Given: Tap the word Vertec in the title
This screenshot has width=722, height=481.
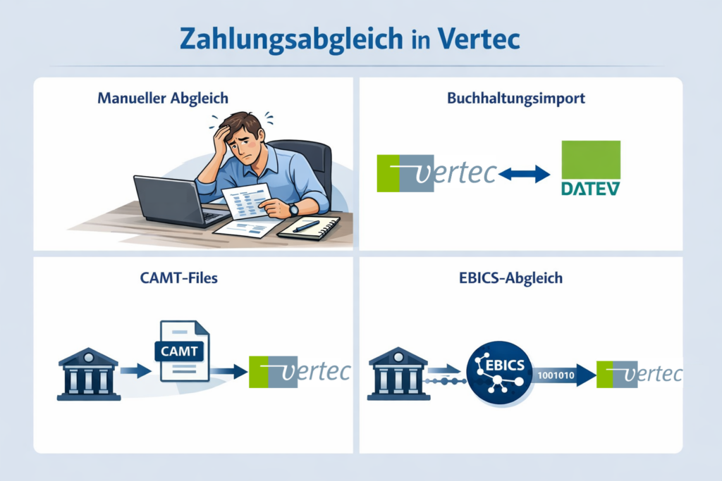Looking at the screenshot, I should coord(478,39).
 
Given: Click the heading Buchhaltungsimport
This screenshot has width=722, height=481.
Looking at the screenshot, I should coord(516,99).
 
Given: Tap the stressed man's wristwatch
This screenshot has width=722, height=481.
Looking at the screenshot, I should coord(293,208).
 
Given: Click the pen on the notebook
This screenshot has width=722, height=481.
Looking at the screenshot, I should coord(306,226).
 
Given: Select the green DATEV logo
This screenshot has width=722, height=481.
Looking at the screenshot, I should coord(590,168).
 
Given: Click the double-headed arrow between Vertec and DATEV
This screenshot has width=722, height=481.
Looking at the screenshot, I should coord(522,173).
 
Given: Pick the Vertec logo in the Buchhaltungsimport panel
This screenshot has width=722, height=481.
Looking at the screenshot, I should coord(437,173).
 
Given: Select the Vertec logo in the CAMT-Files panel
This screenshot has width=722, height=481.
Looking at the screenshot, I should coord(299,372).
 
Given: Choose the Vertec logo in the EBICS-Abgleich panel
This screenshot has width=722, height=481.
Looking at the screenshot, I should coord(639,373).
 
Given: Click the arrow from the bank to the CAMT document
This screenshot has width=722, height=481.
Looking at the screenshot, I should coord(135,370).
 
